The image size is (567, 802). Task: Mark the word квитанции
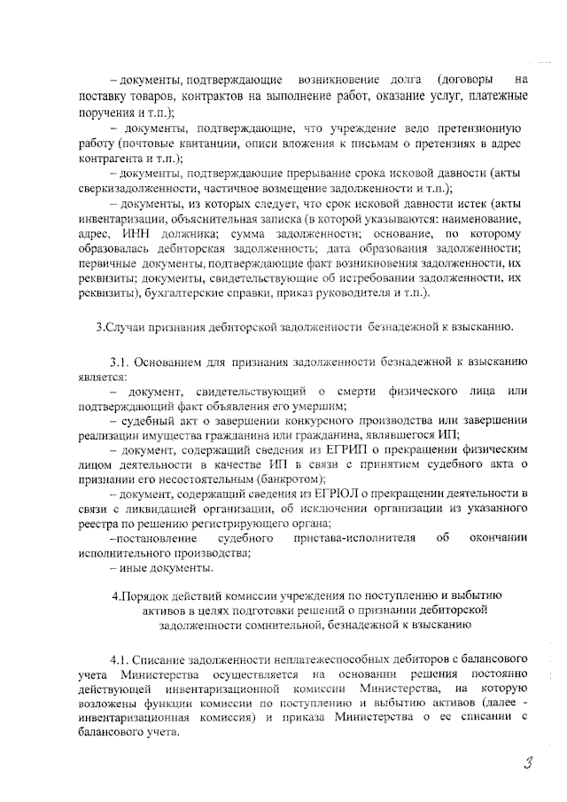tap(188, 143)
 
